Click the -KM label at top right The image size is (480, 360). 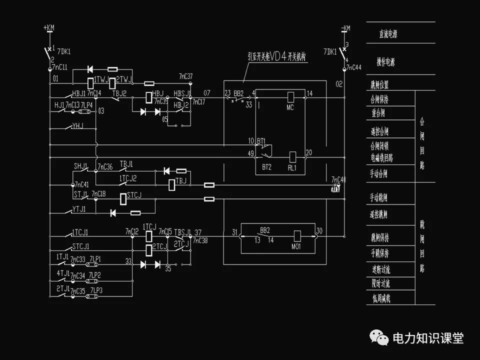pyautogui.click(x=345, y=27)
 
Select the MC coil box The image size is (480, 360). pyautogui.click(x=290, y=97)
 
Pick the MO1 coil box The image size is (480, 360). pyautogui.click(x=297, y=235)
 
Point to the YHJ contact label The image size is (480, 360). pyautogui.click(x=77, y=125)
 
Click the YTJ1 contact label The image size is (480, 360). pyautogui.click(x=79, y=209)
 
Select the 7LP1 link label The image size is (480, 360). pyautogui.click(x=95, y=259)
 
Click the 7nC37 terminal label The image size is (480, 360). pyautogui.click(x=185, y=76)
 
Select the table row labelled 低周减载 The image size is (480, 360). pyautogui.click(x=381, y=299)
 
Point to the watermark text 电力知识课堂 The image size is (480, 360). pyautogui.click(x=428, y=338)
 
